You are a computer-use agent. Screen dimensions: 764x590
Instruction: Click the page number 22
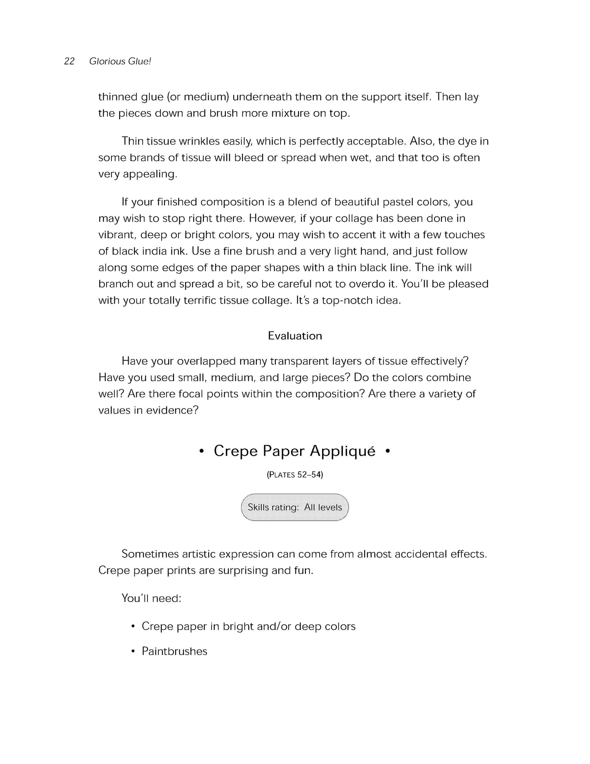pyautogui.click(x=69, y=61)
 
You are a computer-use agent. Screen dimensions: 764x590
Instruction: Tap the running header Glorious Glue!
pyautogui.click(x=120, y=61)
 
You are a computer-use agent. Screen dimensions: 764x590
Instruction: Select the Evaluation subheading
pyautogui.click(x=295, y=336)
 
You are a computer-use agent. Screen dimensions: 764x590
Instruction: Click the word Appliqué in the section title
pyautogui.click(x=343, y=451)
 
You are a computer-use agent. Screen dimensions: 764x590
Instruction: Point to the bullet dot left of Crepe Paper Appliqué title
pyautogui.click(x=201, y=452)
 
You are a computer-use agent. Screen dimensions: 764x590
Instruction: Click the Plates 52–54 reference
pyautogui.click(x=295, y=475)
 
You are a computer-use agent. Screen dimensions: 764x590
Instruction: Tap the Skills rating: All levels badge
pyautogui.click(x=295, y=507)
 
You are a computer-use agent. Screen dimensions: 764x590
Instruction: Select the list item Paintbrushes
pyautogui.click(x=174, y=651)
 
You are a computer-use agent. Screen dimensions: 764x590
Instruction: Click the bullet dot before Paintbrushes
pyautogui.click(x=133, y=652)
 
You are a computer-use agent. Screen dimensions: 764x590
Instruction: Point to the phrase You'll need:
pyautogui.click(x=151, y=599)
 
